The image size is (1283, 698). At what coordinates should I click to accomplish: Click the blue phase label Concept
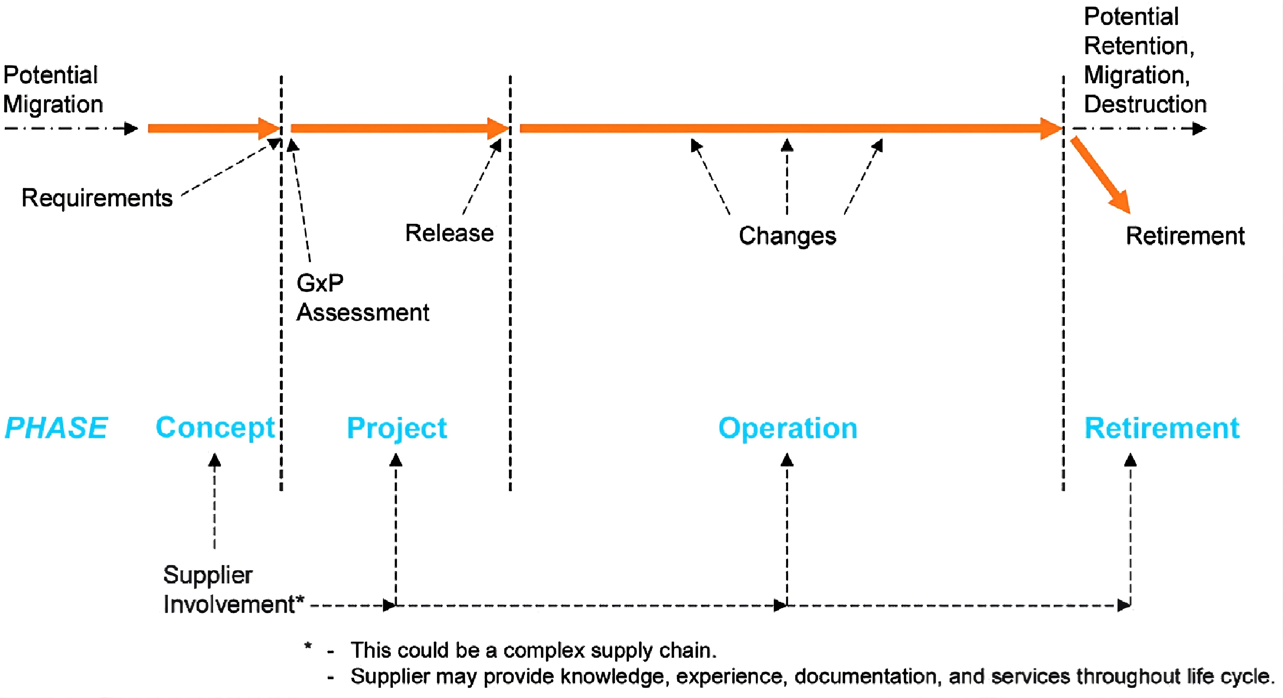coord(215,428)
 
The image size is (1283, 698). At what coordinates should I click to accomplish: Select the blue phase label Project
coord(397,428)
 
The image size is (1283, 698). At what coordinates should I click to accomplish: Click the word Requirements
coord(97,198)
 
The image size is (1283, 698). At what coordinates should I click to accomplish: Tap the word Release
coord(449,233)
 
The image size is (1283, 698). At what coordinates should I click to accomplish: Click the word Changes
coord(787,236)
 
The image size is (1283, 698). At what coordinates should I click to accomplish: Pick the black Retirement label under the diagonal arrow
coord(1185,236)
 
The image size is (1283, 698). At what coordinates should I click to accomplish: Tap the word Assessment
coord(363,313)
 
